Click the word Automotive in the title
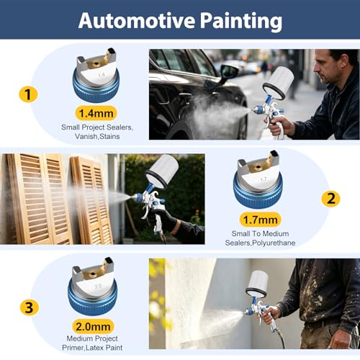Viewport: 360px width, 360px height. (x=137, y=20)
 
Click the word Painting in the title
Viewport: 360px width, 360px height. (x=241, y=22)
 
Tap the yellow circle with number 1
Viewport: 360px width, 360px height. (x=28, y=94)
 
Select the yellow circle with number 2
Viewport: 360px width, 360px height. (x=330, y=199)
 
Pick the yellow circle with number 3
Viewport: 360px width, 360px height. (x=30, y=307)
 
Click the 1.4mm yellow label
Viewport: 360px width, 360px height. (x=96, y=113)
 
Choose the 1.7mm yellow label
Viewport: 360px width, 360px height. (x=261, y=220)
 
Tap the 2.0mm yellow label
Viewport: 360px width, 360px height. (x=93, y=326)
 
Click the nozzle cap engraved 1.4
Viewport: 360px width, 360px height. (x=96, y=76)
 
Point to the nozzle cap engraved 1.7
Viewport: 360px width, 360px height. (x=258, y=180)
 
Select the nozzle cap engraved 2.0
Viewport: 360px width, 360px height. (x=93, y=287)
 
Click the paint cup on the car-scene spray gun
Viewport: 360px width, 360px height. (x=279, y=83)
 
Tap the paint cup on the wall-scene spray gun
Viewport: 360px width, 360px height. (x=257, y=284)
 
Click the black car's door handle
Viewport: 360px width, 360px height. (x=185, y=96)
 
